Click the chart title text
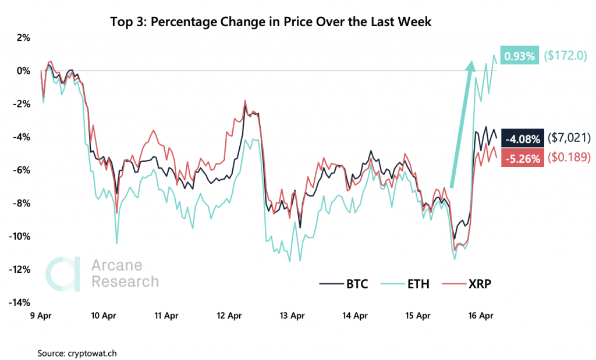pyautogui.click(x=271, y=23)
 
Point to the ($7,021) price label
pyautogui.click(x=569, y=138)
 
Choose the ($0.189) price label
pyautogui.click(x=569, y=157)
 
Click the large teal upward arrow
pyautogui.click(x=460, y=125)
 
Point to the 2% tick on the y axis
pyautogui.click(x=23, y=38)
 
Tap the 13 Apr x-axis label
pyautogui.click(x=292, y=316)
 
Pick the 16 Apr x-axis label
pyautogui.click(x=480, y=316)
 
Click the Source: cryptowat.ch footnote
pyautogui.click(x=73, y=352)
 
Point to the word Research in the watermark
pyautogui.click(x=125, y=281)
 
